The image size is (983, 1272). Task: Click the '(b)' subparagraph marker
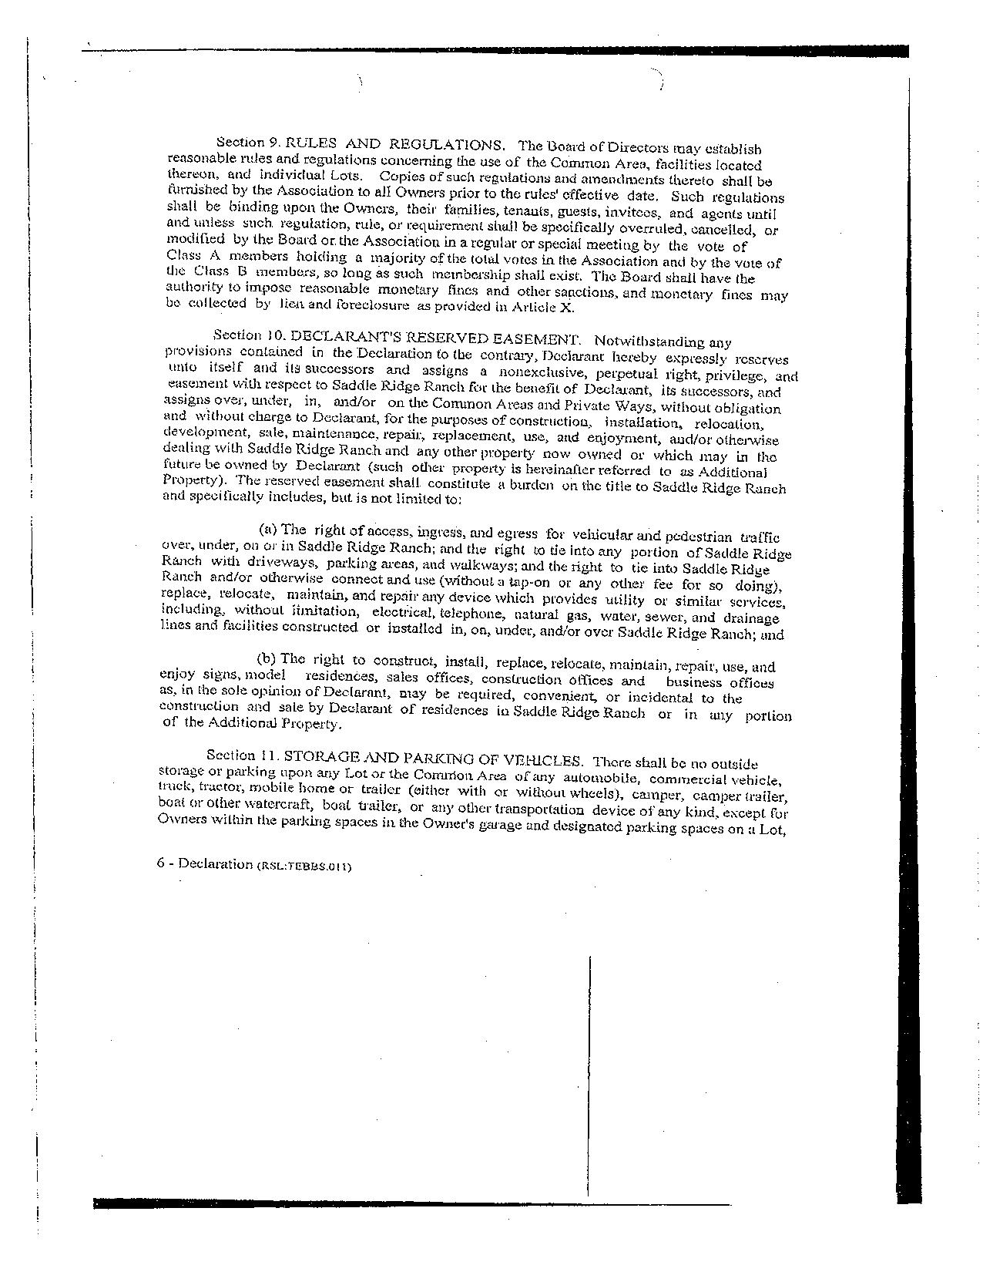(x=267, y=658)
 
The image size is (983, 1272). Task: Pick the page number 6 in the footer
(x=160, y=863)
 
